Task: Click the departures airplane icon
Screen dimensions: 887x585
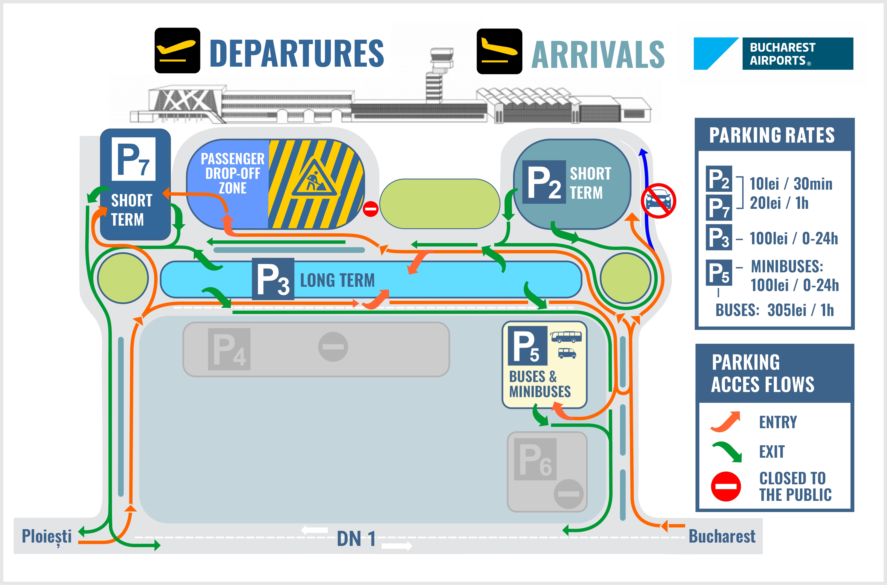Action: tap(177, 50)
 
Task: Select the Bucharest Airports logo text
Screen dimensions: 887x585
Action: tap(782, 54)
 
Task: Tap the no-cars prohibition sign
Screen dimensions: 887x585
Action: tap(658, 201)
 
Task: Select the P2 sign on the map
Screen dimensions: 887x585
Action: tap(544, 182)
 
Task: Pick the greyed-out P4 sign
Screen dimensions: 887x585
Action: tap(229, 349)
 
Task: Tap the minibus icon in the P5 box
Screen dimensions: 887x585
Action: tap(567, 353)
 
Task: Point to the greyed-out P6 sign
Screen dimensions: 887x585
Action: tap(535, 459)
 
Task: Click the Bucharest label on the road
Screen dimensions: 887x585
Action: tap(722, 536)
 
